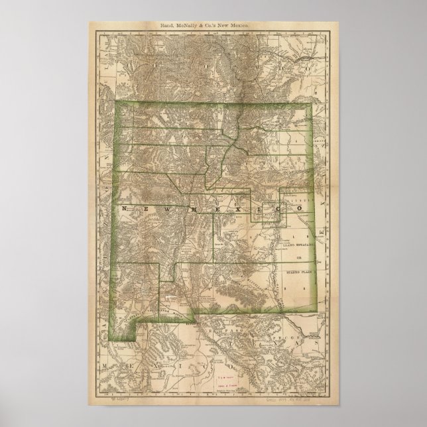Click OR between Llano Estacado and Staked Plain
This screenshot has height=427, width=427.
click(x=298, y=257)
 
